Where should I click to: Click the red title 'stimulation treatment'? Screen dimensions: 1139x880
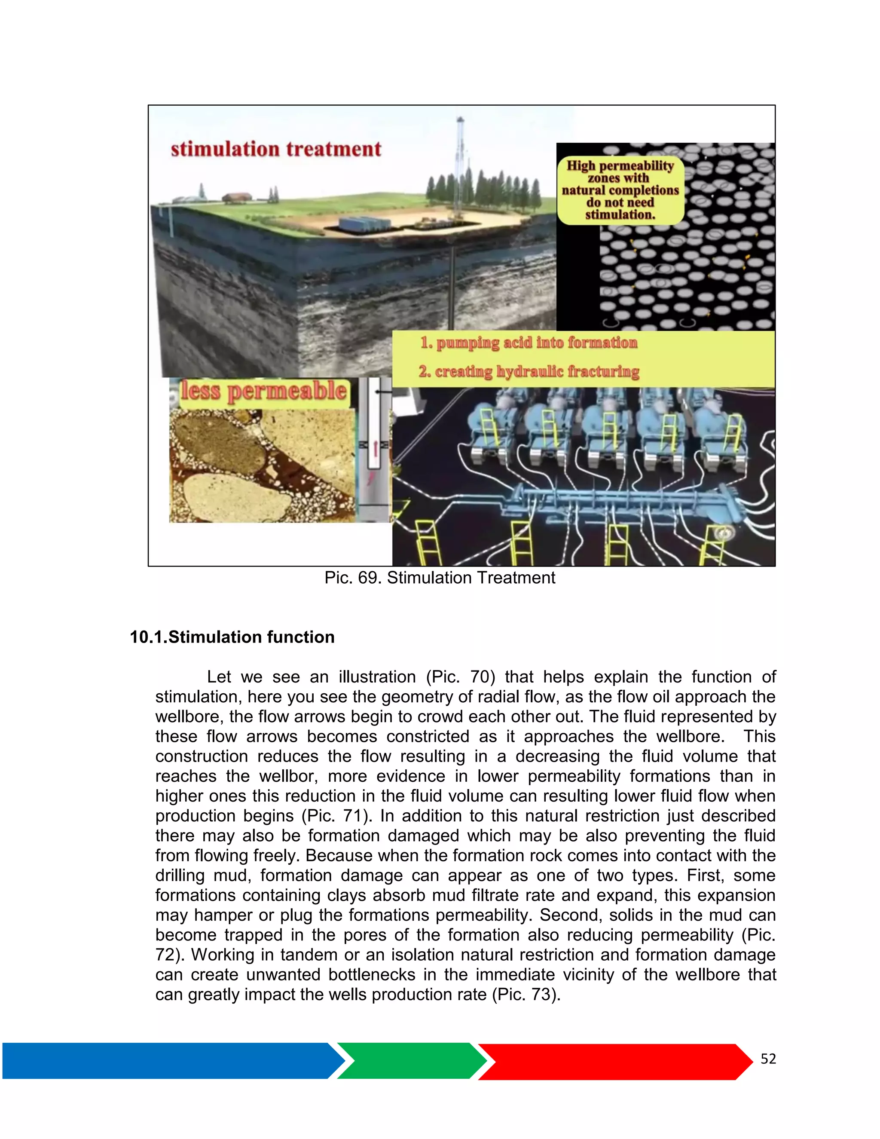tap(276, 149)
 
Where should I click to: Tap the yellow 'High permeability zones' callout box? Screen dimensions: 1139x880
tap(620, 190)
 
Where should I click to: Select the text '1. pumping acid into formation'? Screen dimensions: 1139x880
tap(529, 343)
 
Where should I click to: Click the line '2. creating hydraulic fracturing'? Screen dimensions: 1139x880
tap(529, 371)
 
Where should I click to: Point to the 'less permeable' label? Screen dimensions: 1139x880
tap(263, 391)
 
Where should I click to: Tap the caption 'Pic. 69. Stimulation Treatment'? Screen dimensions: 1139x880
tap(440, 578)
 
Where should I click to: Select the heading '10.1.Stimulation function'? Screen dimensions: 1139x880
tap(232, 637)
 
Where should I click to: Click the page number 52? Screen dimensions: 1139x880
tap(768, 1058)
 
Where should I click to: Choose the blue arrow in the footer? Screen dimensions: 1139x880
tap(172, 1061)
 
